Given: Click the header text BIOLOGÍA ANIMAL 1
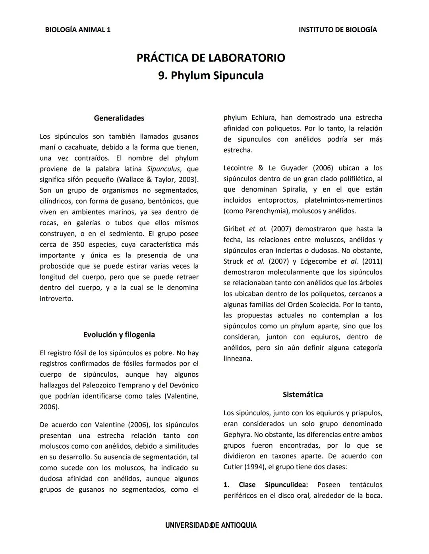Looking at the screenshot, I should point(78,30).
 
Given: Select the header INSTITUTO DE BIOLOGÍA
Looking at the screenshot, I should point(338,30).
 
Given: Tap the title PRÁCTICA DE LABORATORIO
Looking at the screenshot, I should point(211,58).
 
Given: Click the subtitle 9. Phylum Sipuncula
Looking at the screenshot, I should point(211,76).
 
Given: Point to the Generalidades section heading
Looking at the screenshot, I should point(119,118).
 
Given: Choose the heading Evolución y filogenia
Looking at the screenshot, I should point(119,335).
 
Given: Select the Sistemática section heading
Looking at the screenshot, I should point(303,395).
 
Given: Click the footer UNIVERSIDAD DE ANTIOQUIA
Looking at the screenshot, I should point(211,525).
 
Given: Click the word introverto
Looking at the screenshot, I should point(56,299).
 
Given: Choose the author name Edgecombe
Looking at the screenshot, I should point(318,261).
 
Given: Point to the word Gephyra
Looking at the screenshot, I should point(237,435).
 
